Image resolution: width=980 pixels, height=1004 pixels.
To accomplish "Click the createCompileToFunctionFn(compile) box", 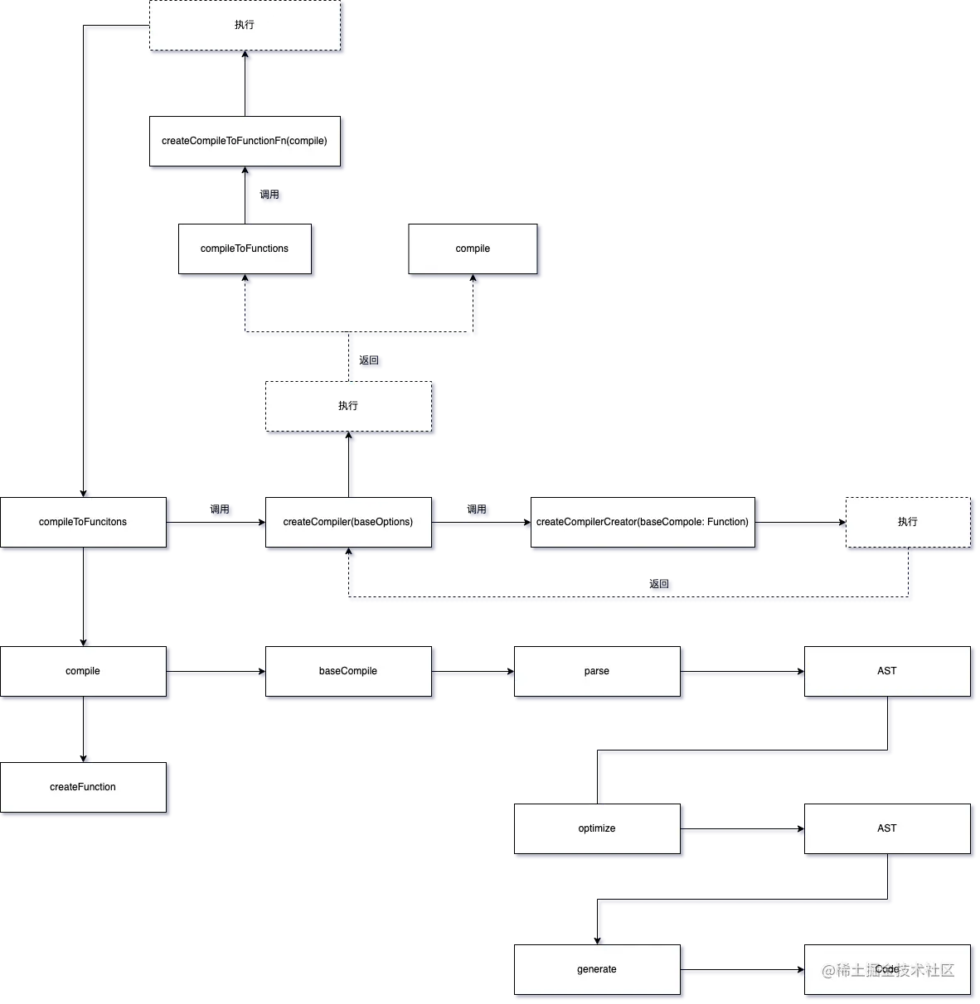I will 245,142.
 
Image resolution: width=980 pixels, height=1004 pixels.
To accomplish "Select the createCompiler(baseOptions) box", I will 348,522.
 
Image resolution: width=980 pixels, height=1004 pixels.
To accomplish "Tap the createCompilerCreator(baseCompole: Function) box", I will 643,522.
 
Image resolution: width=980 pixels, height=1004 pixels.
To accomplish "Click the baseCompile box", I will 348,671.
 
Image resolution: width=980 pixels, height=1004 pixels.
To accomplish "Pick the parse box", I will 597,671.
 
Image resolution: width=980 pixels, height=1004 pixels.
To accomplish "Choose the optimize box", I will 597,828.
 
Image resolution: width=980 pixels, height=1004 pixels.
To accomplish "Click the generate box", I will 597,969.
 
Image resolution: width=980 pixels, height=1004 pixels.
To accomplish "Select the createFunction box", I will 83,787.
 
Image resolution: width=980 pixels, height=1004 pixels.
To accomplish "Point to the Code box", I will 886,969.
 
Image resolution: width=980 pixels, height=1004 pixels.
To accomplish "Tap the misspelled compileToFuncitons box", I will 83,522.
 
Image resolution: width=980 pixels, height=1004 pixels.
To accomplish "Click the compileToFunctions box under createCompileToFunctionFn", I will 245,249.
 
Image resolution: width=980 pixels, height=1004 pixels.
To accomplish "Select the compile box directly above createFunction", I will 83,671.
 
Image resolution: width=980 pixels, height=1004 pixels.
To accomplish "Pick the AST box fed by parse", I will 886,671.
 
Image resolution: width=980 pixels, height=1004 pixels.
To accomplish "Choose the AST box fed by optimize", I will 886,828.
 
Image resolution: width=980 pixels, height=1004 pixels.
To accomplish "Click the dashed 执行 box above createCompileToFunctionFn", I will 245,26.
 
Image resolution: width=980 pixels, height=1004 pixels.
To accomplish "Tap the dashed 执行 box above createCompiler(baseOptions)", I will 348,406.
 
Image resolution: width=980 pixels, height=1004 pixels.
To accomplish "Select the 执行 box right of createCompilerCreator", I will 907,522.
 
